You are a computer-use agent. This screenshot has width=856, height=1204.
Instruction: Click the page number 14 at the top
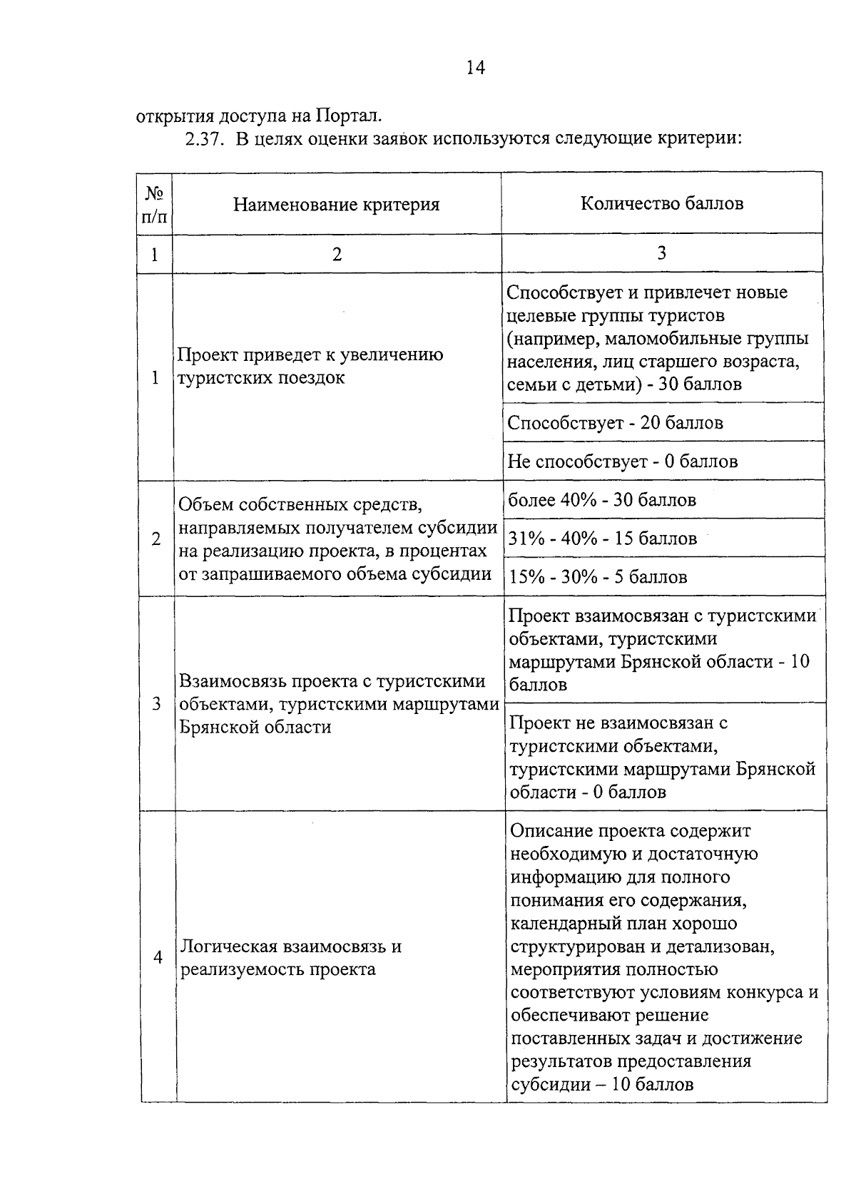click(x=475, y=68)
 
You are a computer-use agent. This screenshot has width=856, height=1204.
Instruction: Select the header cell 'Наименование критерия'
click(x=336, y=205)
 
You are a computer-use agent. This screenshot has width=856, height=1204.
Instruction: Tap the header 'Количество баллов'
click(x=661, y=203)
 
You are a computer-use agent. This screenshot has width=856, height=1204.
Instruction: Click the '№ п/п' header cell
click(x=155, y=205)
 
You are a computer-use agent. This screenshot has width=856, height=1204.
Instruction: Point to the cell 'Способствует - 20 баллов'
click(x=615, y=423)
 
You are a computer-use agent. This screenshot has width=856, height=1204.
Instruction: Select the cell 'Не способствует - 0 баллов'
click(x=622, y=461)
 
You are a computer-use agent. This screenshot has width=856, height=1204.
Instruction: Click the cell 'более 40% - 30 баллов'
click(x=601, y=500)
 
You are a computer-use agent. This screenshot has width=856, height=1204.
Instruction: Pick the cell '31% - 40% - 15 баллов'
click(x=602, y=539)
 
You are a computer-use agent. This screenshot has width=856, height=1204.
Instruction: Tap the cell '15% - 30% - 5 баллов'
click(x=597, y=577)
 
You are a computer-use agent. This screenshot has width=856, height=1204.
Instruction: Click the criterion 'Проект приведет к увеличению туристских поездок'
click(x=310, y=366)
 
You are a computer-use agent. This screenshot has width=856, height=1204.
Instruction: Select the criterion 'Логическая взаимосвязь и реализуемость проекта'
click(x=291, y=958)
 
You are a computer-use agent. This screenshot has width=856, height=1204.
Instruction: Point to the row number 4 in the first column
click(x=158, y=957)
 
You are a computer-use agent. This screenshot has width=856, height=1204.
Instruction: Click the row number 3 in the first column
click(x=157, y=704)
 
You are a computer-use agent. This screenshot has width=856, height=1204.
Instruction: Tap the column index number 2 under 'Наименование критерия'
click(x=337, y=254)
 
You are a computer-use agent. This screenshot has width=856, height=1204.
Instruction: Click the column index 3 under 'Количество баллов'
click(x=661, y=252)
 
